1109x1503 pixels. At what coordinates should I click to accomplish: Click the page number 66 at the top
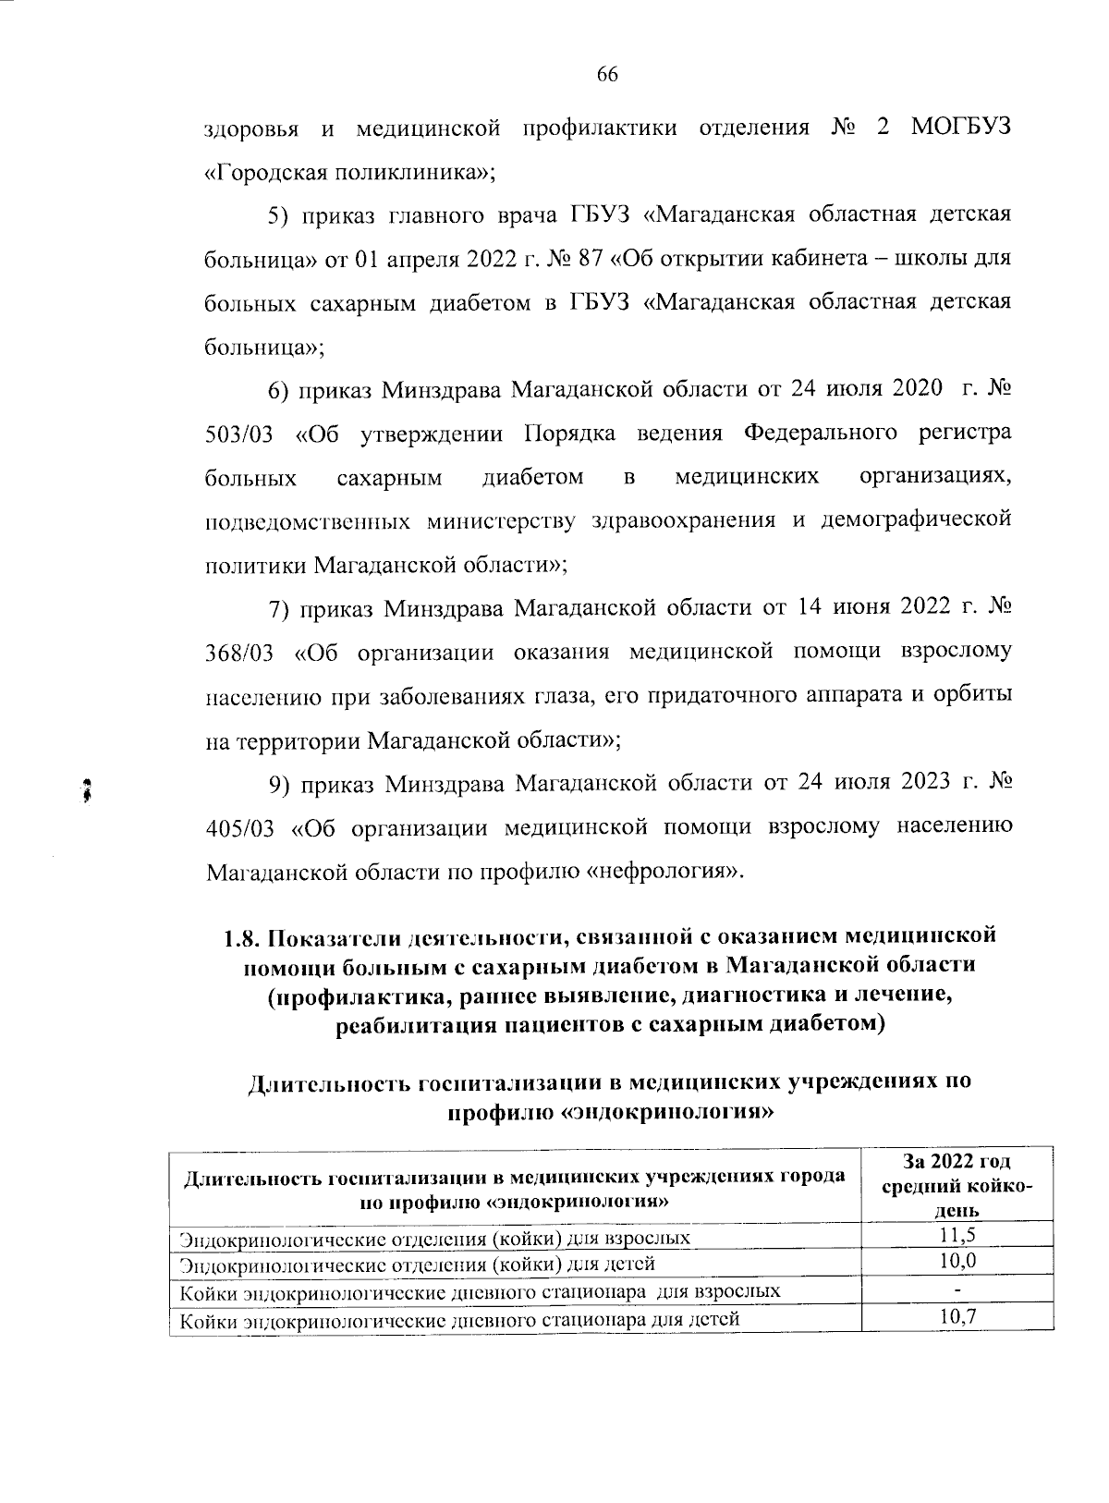click(x=606, y=76)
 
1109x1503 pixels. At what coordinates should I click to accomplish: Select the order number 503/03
click(x=238, y=434)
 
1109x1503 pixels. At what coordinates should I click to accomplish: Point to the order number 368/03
click(x=238, y=653)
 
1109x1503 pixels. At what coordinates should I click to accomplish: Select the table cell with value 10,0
click(x=957, y=1261)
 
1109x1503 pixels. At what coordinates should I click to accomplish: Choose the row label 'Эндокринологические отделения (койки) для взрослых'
click(x=434, y=1237)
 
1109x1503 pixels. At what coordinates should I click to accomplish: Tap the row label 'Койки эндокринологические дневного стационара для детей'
click(x=459, y=1320)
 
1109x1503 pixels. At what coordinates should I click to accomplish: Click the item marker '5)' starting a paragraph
click(x=278, y=216)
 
